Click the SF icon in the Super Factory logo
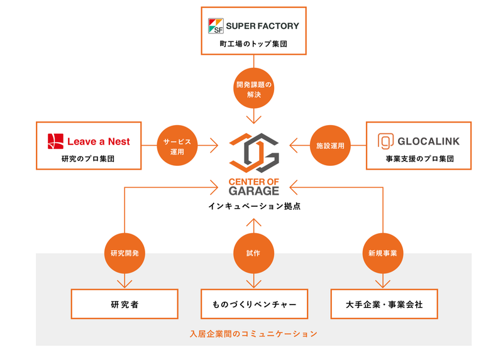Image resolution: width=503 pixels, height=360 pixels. pyautogui.click(x=215, y=26)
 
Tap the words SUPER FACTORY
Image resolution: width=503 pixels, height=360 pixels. pyautogui.click(x=262, y=26)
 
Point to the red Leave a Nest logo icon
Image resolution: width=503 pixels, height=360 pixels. pyautogui.click(x=55, y=141)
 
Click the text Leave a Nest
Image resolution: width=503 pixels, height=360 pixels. pyautogui.click(x=98, y=141)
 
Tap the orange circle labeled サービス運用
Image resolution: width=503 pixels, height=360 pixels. pyautogui.click(x=176, y=146)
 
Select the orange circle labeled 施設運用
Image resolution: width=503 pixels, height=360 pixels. pyautogui.click(x=331, y=146)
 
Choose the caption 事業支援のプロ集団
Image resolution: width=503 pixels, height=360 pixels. pyautogui.click(x=419, y=158)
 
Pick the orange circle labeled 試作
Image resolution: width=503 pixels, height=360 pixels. pyautogui.click(x=253, y=253)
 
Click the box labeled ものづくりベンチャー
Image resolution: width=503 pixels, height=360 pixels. pyautogui.click(x=254, y=304)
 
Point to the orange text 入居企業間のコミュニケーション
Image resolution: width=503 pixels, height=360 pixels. pyautogui.click(x=253, y=334)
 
